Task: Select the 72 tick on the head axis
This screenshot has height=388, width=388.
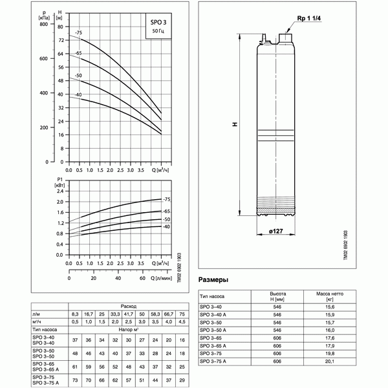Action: (x=61, y=40)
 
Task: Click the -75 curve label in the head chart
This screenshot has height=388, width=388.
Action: (x=78, y=32)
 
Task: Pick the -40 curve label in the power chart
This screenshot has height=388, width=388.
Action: (x=166, y=227)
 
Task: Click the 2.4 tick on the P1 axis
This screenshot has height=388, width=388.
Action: (x=59, y=192)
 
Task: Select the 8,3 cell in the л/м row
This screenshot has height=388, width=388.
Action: (x=76, y=314)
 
